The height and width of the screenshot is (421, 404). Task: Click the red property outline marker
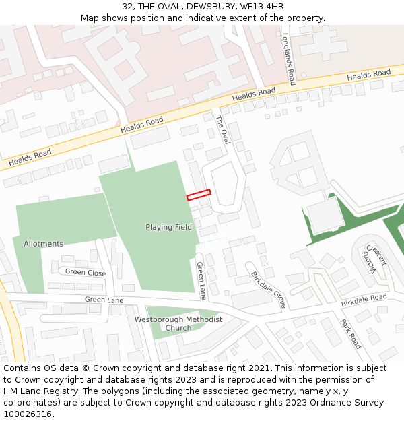click(199, 194)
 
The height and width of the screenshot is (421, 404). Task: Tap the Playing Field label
click(168, 227)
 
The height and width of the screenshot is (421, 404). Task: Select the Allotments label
click(43, 243)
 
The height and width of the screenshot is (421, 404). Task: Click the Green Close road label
click(86, 273)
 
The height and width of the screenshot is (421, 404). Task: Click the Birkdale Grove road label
click(269, 290)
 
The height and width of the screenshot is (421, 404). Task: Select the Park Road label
click(351, 333)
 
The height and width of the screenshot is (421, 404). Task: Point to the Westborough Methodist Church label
click(178, 323)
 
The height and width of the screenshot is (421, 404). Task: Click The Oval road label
click(223, 129)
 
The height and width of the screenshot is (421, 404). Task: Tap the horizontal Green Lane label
click(104, 299)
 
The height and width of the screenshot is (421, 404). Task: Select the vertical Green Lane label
click(201, 281)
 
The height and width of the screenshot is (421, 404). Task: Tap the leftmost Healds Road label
click(30, 158)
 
